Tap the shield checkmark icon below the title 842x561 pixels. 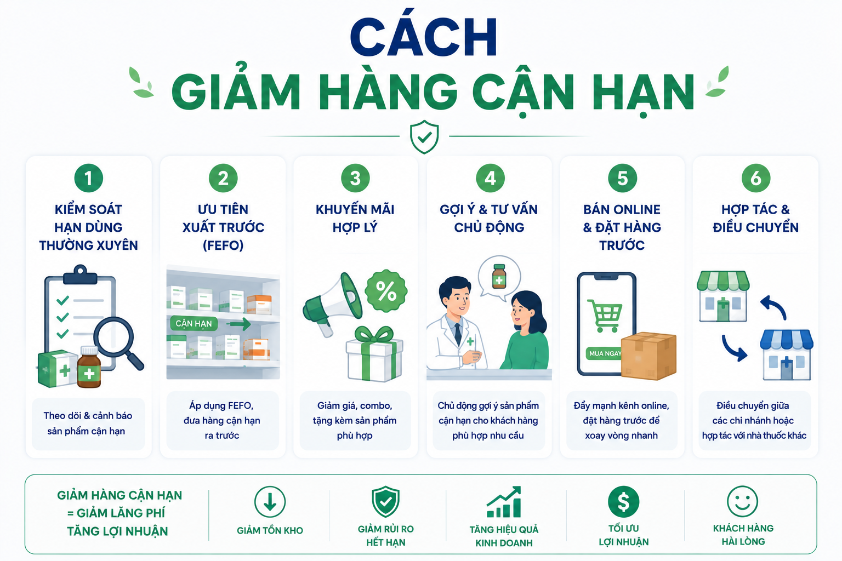click(x=424, y=137)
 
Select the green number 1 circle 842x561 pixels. click(x=89, y=178)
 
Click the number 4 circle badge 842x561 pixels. click(x=490, y=178)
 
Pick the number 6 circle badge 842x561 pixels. click(x=756, y=178)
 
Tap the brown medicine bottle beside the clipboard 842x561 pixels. click(x=89, y=367)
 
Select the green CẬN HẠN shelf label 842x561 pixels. click(x=194, y=324)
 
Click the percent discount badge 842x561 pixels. click(x=386, y=291)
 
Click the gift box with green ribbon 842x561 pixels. click(x=374, y=354)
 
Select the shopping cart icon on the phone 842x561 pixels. click(x=605, y=316)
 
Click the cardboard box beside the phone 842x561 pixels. click(x=648, y=356)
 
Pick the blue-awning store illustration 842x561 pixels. click(x=787, y=355)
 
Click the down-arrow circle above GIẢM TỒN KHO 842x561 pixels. click(x=270, y=502)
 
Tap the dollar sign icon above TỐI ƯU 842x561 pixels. click(x=624, y=502)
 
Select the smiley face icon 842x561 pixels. click(x=742, y=502)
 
